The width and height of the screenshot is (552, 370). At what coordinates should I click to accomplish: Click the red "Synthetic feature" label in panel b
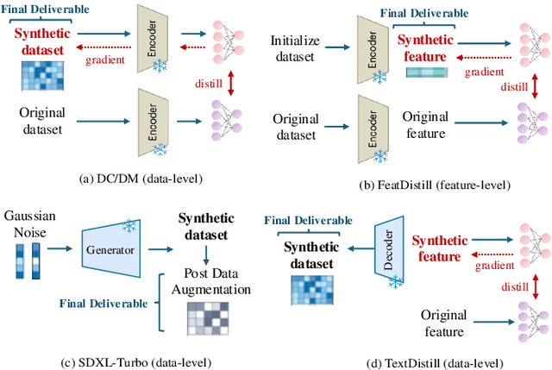pyautogui.click(x=423, y=47)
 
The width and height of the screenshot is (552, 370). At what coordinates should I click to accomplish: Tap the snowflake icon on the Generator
pyautogui.click(x=129, y=226)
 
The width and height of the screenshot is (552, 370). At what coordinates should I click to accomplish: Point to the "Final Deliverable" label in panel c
pyautogui.click(x=103, y=304)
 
